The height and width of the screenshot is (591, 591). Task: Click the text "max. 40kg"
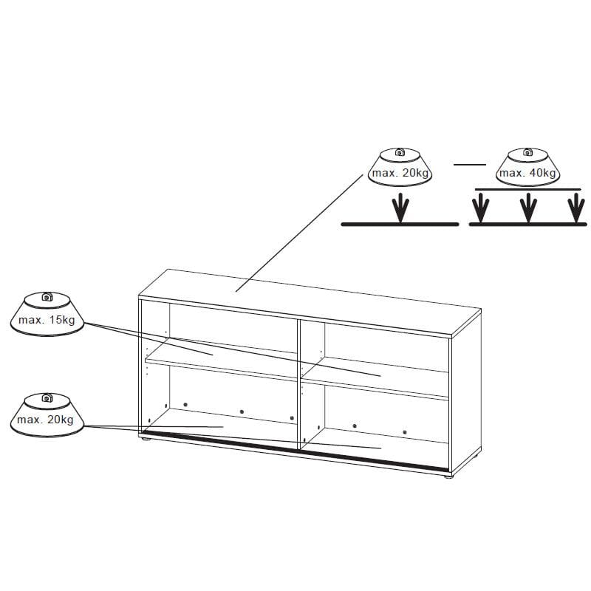click(x=527, y=173)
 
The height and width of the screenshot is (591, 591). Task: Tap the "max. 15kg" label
click(x=47, y=320)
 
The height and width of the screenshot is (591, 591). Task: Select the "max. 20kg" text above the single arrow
click(x=400, y=173)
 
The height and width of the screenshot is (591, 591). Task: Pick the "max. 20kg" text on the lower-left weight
click(x=45, y=420)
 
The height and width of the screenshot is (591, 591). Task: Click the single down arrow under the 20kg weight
click(x=400, y=208)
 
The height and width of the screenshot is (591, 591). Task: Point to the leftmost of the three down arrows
click(x=481, y=208)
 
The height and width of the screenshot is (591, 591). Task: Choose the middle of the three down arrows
click(x=528, y=208)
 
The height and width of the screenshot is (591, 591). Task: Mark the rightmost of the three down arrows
click(x=576, y=208)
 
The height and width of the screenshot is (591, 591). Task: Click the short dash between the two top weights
click(x=470, y=165)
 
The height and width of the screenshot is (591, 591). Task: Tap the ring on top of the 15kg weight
click(x=47, y=297)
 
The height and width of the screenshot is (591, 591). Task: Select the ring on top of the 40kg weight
click(x=527, y=152)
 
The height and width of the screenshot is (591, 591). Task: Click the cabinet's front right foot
click(x=448, y=476)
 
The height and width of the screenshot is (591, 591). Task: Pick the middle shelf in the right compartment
click(x=375, y=378)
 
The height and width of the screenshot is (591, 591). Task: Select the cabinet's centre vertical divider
click(x=299, y=385)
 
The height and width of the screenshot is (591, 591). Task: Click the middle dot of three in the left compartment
click(x=242, y=411)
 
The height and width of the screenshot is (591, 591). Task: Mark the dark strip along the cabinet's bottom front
click(x=296, y=451)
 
